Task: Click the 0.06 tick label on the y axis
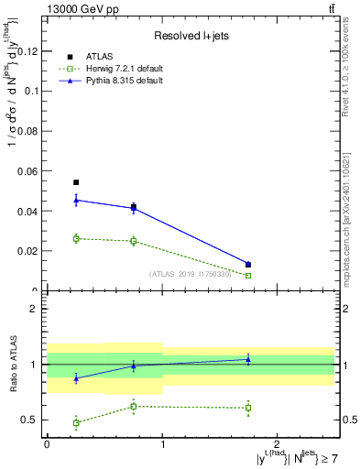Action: click(x=31, y=171)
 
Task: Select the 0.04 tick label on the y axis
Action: click(x=31, y=212)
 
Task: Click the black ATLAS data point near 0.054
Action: click(x=76, y=182)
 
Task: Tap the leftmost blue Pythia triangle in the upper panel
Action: click(x=76, y=200)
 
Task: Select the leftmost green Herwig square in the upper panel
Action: click(x=76, y=238)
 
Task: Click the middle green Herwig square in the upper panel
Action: click(x=134, y=241)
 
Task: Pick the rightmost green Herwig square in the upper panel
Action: click(x=248, y=275)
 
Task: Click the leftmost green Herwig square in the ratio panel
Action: click(x=76, y=422)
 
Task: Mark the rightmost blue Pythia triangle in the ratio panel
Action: click(x=248, y=359)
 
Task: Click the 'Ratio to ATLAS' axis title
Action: click(x=12, y=365)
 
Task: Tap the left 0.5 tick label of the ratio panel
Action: click(x=33, y=420)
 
